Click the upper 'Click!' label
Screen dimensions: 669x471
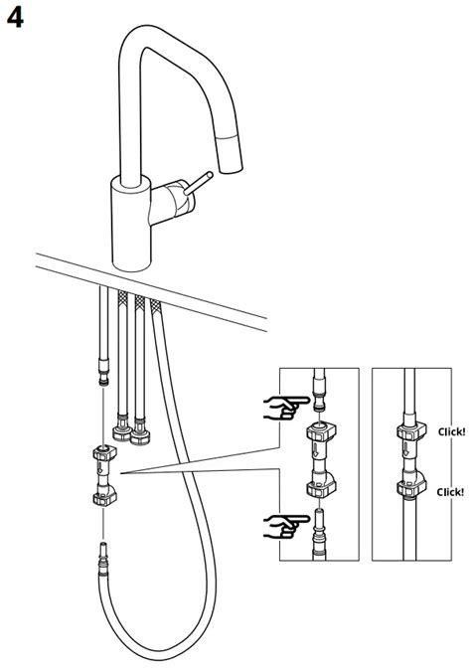point(451,432)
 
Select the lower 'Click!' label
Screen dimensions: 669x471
point(451,491)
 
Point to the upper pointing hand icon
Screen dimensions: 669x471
point(285,405)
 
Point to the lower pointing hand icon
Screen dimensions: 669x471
point(285,523)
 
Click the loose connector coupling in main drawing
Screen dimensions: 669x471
point(103,474)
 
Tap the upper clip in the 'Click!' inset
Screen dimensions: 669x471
point(408,432)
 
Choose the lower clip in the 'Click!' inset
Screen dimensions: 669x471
point(408,487)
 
